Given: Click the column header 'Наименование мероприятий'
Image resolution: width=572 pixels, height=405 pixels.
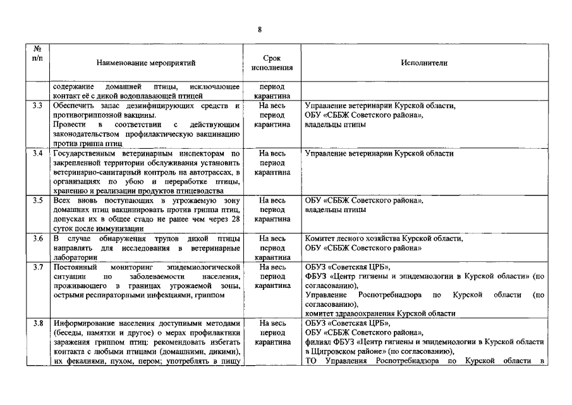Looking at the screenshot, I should [x=146, y=63].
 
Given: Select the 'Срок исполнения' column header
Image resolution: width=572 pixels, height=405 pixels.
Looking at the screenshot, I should [x=272, y=63].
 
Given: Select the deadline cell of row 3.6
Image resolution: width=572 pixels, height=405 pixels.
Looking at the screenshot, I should [x=272, y=248].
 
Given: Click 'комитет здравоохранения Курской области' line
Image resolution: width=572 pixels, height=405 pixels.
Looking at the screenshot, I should [x=379, y=314].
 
